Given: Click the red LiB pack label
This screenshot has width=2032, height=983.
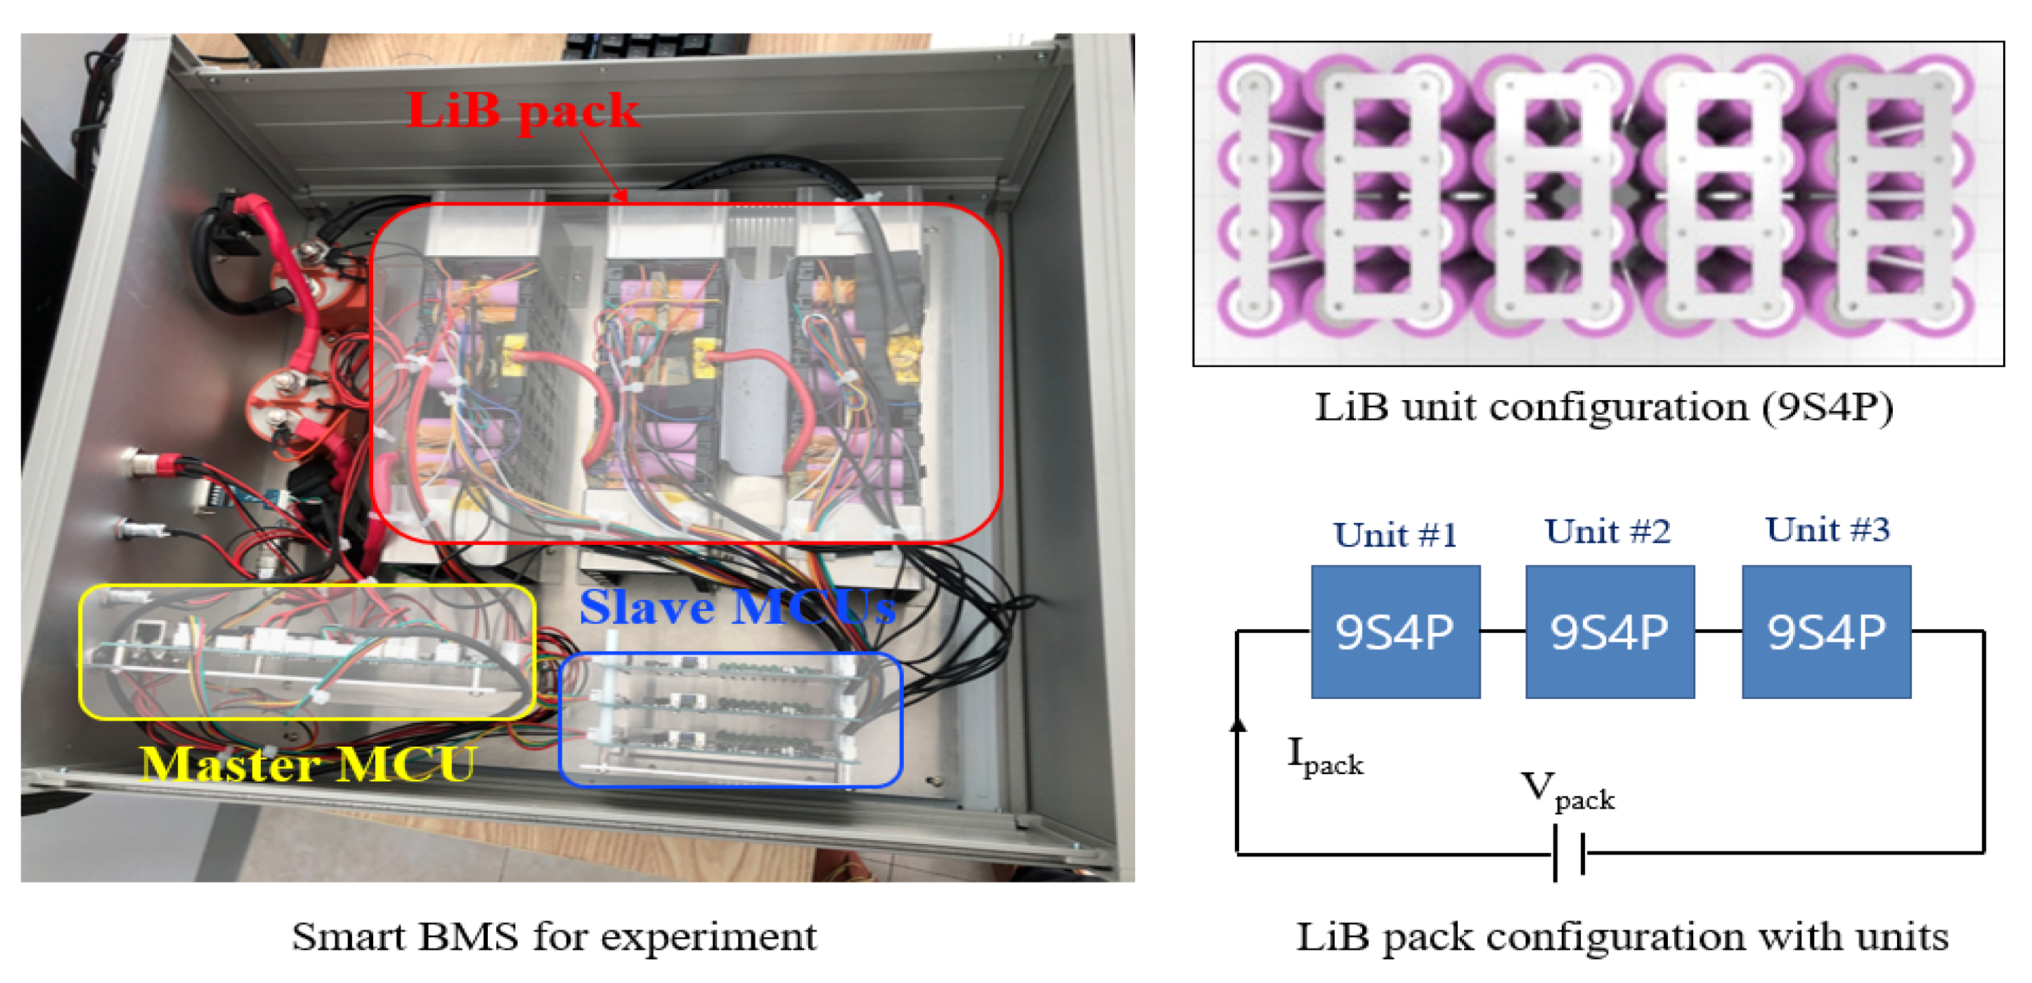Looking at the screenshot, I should [x=522, y=110].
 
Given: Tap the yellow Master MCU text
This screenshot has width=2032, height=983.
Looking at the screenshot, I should [x=308, y=763].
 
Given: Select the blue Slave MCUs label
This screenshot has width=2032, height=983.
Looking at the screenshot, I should [x=737, y=607].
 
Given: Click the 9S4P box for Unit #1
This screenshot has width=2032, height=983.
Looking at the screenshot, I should [x=1394, y=631].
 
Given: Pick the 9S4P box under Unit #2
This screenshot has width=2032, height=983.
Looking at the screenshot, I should [x=1609, y=631].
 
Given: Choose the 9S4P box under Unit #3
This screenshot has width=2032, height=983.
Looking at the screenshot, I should [x=1825, y=631].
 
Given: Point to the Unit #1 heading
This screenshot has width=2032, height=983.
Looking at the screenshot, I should [x=1394, y=535].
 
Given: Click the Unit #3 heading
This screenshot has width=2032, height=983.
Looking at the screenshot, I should [x=1827, y=529].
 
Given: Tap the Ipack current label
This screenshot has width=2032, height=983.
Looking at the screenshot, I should [x=1324, y=756].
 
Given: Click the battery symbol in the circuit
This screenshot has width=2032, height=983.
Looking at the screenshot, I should [x=1569, y=852].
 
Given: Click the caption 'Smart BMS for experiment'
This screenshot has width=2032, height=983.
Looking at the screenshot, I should [x=554, y=937].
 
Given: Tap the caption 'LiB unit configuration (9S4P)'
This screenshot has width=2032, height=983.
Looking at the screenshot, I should [x=1603, y=407].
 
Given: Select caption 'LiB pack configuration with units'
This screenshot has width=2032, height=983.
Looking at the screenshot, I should [x=1622, y=937].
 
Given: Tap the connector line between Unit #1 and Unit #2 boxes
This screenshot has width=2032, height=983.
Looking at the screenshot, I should [x=1502, y=631].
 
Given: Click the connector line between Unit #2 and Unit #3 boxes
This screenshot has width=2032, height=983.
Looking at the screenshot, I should [x=1717, y=631].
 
